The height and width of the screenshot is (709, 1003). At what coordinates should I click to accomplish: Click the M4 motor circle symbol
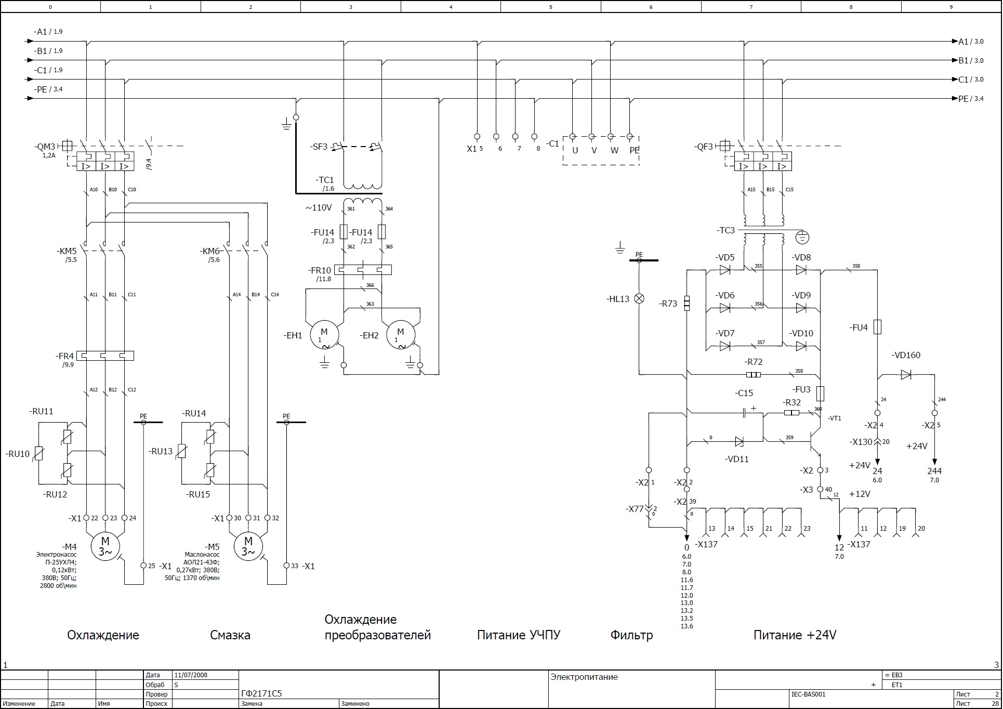pos(105,546)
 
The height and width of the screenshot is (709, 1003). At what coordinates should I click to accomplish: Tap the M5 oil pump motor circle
pos(248,546)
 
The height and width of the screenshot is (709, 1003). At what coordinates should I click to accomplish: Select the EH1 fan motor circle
pos(324,335)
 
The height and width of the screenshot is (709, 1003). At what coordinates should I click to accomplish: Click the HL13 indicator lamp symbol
pos(640,298)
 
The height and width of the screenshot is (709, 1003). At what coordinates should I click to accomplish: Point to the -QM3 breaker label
pos(46,147)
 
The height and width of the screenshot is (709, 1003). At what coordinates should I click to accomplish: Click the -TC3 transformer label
pos(725,230)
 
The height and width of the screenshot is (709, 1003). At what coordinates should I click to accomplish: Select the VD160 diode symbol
pos(906,374)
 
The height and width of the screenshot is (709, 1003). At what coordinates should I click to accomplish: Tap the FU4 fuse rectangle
pos(877,327)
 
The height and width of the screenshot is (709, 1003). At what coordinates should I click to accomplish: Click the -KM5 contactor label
pos(67,252)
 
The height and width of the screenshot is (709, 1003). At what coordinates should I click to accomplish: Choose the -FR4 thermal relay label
pos(65,356)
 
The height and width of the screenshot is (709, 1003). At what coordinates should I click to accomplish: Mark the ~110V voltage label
pos(319,208)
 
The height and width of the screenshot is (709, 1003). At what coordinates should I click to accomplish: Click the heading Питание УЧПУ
pos(519,635)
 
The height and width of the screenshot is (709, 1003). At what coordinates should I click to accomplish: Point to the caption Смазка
pos(230,635)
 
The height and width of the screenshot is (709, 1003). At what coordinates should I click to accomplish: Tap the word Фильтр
pos(631,635)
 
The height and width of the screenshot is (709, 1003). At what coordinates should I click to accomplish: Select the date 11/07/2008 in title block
pos(191,675)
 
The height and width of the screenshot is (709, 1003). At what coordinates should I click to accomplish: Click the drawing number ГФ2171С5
pos(262,694)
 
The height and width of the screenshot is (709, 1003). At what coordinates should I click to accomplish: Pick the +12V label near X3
pos(860,494)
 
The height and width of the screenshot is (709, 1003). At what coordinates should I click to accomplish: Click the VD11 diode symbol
pos(739,442)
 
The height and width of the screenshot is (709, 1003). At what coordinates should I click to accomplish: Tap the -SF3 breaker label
pos(319,147)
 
